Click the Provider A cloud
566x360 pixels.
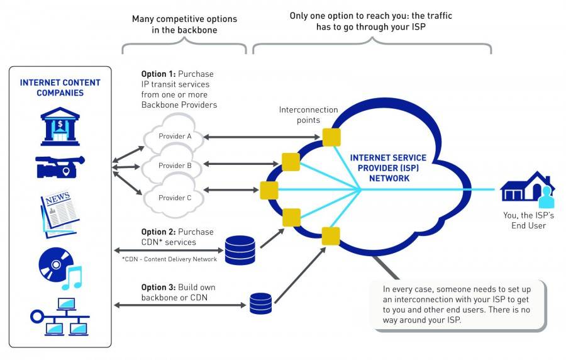175,134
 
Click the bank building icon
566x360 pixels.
60,127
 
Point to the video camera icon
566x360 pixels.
60,167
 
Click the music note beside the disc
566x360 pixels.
72,278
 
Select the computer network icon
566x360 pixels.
60,317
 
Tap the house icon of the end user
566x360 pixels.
527,187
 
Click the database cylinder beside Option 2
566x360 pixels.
240,250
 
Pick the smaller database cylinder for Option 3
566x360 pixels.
260,303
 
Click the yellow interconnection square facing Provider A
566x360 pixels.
331,137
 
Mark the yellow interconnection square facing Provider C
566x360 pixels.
269,191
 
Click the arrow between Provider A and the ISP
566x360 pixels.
262,137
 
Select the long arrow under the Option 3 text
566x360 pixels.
180,305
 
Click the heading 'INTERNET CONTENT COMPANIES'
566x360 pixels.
60,87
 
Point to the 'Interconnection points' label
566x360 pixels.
308,115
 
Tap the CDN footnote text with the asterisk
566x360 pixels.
169,259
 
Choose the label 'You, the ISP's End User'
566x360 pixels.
528,220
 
